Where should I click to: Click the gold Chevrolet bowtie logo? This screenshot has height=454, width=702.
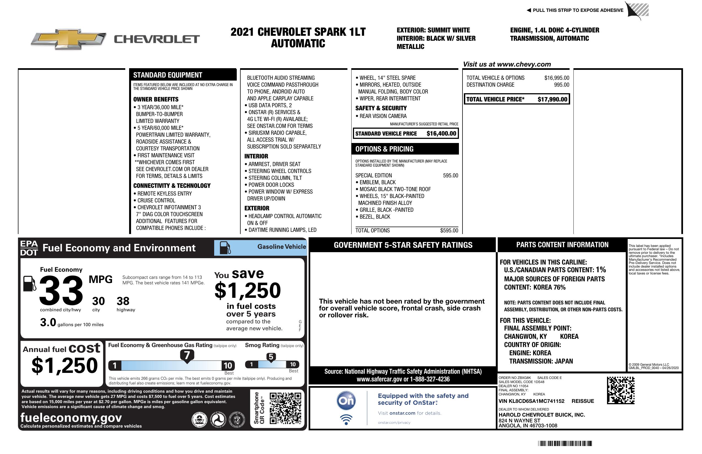[x=69, y=38]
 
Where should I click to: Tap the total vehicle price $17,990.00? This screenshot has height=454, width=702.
[x=552, y=99]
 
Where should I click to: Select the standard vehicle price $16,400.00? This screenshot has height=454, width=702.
[x=441, y=133]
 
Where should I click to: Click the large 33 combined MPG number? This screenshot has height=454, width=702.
[x=61, y=290]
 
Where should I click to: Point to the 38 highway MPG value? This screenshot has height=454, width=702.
[x=123, y=301]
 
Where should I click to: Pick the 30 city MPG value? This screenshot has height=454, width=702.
[x=98, y=301]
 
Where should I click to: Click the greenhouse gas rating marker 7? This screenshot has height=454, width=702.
[x=187, y=355]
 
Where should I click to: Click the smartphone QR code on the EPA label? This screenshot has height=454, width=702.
[x=285, y=408]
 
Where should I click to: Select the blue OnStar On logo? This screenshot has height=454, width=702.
[x=346, y=401]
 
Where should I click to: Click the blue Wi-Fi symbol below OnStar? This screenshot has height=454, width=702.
[x=346, y=420]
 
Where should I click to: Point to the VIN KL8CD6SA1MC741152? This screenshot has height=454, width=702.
[x=531, y=401]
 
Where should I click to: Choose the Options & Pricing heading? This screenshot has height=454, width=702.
[x=384, y=149]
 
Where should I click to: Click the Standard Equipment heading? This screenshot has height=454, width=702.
[x=168, y=75]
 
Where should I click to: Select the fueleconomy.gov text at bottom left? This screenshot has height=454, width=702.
[x=71, y=418]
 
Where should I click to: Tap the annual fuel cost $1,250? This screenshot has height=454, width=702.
[x=64, y=365]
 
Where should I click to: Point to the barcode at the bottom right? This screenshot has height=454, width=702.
[x=565, y=443]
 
